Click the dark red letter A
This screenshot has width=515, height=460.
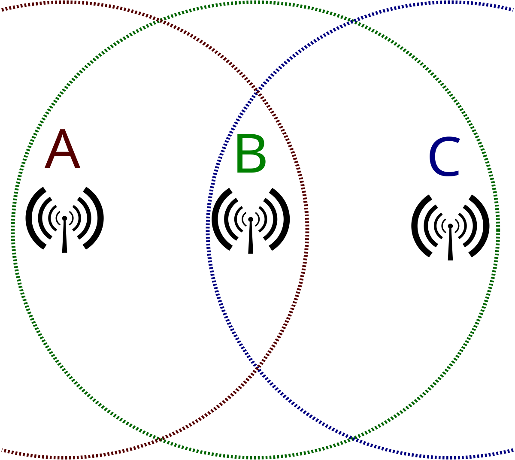click(62, 150)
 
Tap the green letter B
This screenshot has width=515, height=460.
click(250, 154)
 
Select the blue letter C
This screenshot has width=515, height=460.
click(444, 157)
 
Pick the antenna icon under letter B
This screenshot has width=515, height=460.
click(251, 219)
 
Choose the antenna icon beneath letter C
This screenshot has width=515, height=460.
click(450, 226)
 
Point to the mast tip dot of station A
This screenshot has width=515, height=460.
click(64, 218)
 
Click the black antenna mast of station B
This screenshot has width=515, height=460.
click(251, 238)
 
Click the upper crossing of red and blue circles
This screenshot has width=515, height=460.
click(257, 92)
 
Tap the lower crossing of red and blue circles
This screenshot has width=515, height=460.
click(257, 368)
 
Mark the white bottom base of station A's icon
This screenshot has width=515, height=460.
click(64, 254)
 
